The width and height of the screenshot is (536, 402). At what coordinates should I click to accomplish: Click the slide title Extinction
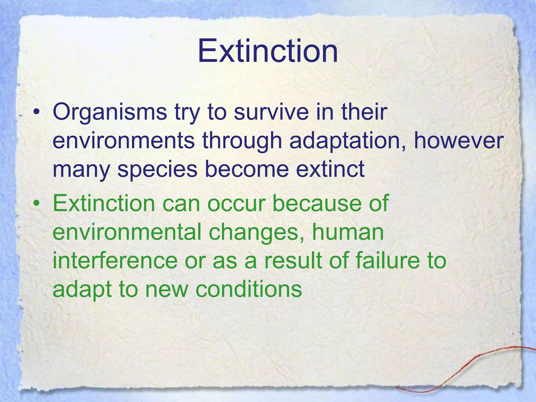(267, 51)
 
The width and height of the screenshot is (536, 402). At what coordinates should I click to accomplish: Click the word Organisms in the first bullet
(110, 112)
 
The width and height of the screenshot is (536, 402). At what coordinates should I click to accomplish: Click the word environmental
(127, 232)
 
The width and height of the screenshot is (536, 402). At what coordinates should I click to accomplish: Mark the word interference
(115, 261)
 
